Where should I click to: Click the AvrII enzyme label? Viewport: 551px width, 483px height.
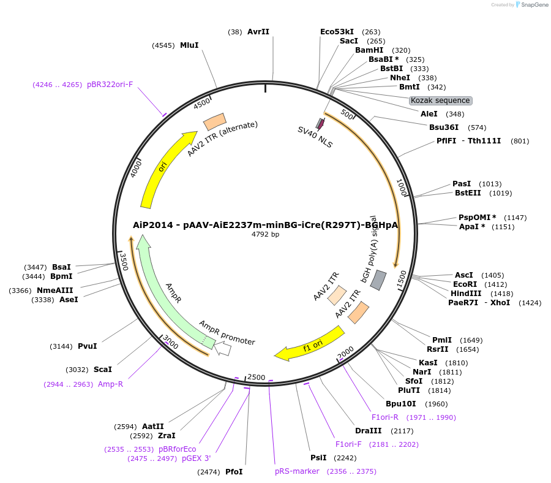pyautogui.click(x=258, y=32)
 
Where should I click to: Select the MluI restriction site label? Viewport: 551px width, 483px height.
pyautogui.click(x=189, y=45)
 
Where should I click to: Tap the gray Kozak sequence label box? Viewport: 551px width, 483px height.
pyautogui.click(x=440, y=101)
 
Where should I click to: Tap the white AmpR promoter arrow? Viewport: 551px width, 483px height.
pyautogui.click(x=222, y=349)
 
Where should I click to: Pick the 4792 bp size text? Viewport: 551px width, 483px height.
pyautogui.click(x=265, y=234)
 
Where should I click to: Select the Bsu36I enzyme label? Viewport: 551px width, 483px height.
pyautogui.click(x=443, y=127)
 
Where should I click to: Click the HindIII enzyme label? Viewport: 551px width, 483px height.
pyautogui.click(x=465, y=294)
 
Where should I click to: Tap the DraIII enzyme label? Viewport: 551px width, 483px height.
pyautogui.click(x=368, y=431)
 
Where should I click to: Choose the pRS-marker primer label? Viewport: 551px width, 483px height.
pyautogui.click(x=297, y=471)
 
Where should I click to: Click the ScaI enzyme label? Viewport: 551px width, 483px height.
pyautogui.click(x=102, y=370)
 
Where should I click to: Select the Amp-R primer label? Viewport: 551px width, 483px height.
pyautogui.click(x=110, y=384)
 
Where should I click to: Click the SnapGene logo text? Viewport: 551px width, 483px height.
pyautogui.click(x=534, y=5)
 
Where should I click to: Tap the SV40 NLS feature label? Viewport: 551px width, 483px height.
pyautogui.click(x=315, y=138)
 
